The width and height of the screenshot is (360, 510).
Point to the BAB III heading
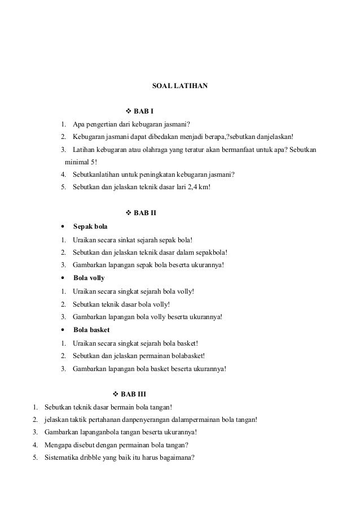point(134,393)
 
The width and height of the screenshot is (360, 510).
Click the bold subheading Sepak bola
point(90,226)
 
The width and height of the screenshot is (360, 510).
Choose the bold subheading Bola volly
point(89,278)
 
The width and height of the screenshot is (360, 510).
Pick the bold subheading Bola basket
point(91,329)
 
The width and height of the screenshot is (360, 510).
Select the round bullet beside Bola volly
point(62,278)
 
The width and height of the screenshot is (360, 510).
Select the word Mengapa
point(58,444)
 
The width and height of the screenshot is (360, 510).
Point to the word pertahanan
point(109,419)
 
